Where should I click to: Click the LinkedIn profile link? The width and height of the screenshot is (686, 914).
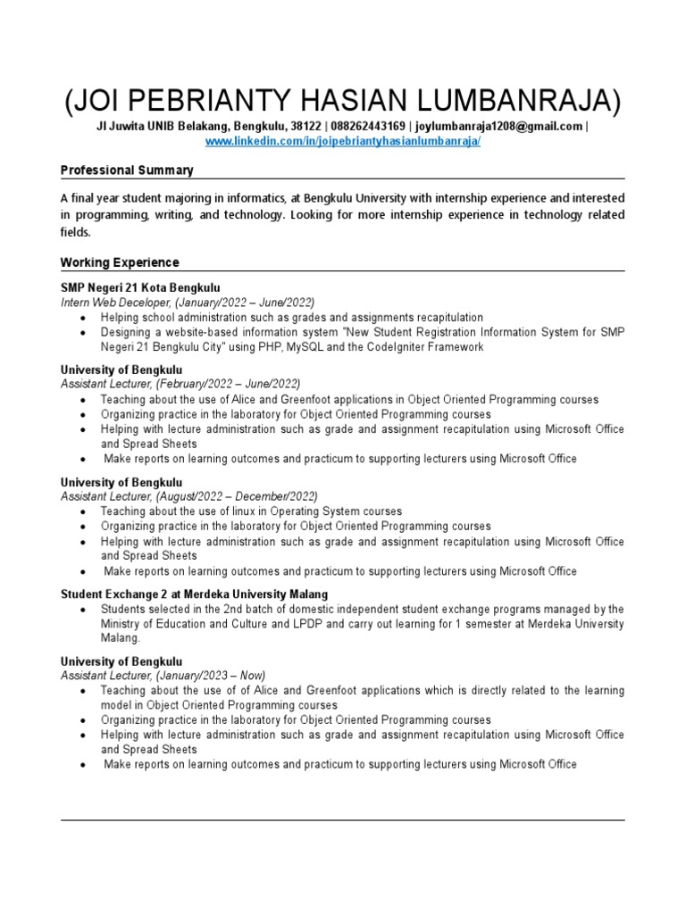tap(343, 142)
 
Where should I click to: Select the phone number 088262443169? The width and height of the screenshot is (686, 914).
tap(368, 127)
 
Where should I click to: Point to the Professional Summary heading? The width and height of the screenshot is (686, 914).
tap(127, 170)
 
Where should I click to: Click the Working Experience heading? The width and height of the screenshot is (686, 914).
tap(120, 262)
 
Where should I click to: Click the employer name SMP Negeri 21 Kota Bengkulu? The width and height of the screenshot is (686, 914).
tap(139, 287)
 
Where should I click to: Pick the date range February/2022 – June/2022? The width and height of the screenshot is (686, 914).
tap(230, 384)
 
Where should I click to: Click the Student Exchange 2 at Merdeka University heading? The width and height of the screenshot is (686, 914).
tap(194, 594)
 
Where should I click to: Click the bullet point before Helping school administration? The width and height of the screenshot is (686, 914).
tap(82, 318)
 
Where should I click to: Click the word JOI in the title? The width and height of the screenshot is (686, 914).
tap(96, 100)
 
